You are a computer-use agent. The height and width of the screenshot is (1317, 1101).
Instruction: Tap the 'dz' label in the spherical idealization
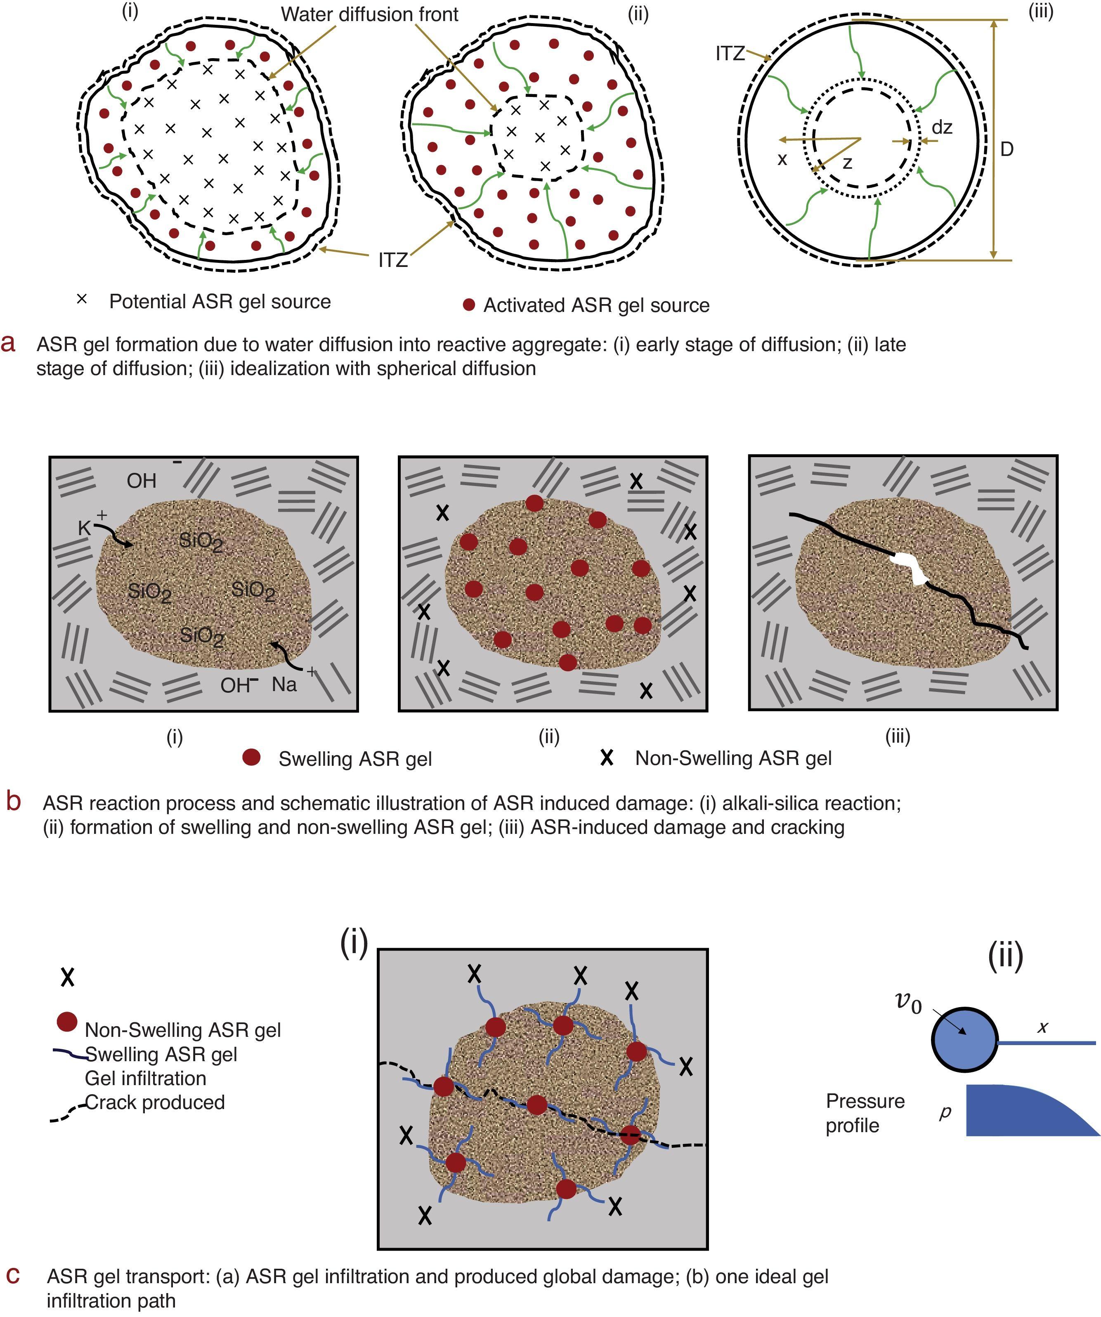click(x=942, y=128)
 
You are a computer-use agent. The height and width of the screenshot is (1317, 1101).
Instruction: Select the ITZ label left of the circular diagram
click(x=730, y=54)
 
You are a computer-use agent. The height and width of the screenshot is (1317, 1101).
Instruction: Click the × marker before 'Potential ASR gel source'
click(x=82, y=300)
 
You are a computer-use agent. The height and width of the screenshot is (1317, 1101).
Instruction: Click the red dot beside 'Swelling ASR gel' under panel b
click(x=251, y=758)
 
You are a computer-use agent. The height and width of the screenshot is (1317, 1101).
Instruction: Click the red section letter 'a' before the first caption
click(x=8, y=344)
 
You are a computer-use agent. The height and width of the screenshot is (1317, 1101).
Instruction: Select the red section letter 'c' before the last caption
click(x=12, y=1275)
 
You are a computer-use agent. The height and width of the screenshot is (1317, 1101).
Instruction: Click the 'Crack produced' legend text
click(x=154, y=1102)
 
